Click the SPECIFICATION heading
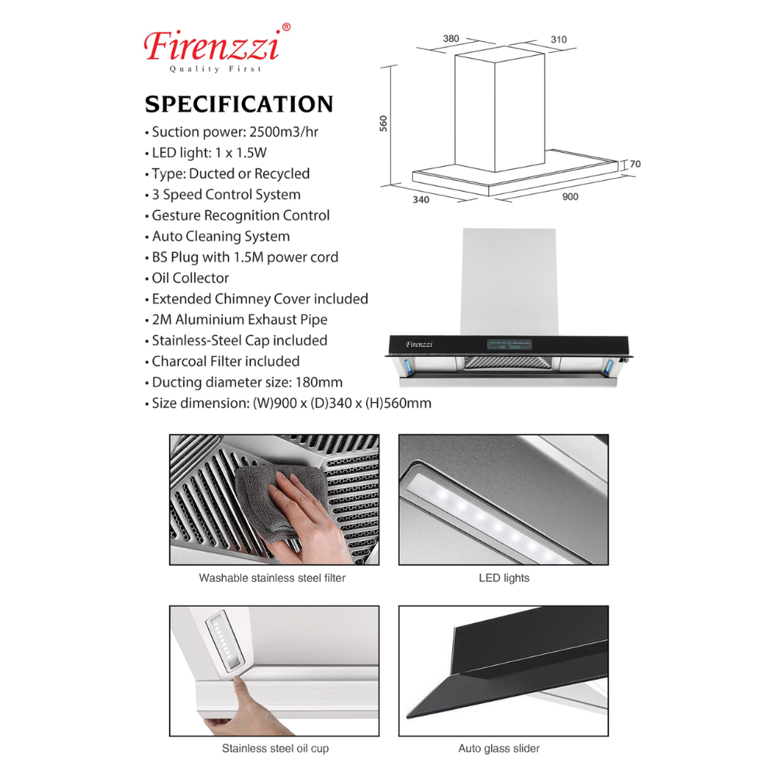click(x=239, y=105)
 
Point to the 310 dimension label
click(x=558, y=40)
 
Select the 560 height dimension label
click(x=383, y=124)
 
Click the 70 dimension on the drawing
click(x=635, y=165)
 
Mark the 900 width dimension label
click(x=570, y=197)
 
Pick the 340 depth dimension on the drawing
click(x=421, y=199)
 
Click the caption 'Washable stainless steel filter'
click(x=272, y=578)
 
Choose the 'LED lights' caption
click(x=504, y=578)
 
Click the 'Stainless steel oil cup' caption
click(x=275, y=749)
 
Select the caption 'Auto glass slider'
click(x=499, y=749)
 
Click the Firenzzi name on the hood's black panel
click(x=418, y=344)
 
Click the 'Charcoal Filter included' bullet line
click(x=225, y=362)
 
